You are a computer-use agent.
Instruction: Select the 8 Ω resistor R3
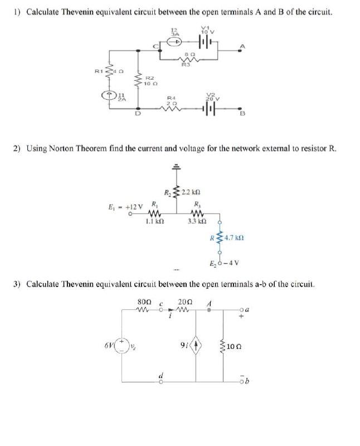(x=188, y=60)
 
